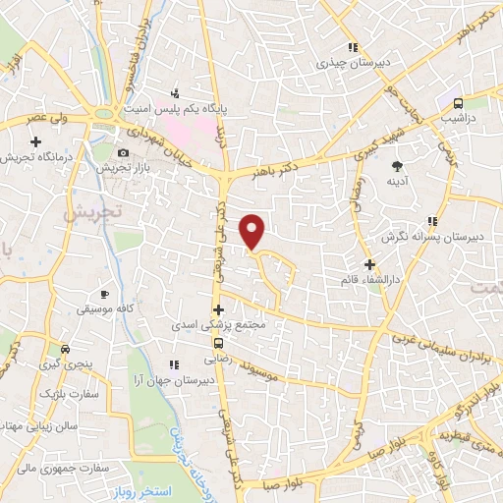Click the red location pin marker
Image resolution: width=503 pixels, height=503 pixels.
pyautogui.click(x=253, y=231)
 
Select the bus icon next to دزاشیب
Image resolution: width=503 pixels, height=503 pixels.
pyautogui.click(x=458, y=102)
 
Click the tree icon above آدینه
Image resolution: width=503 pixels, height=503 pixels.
pyautogui.click(x=397, y=165)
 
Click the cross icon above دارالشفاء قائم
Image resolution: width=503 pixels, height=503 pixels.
pyautogui.click(x=369, y=263)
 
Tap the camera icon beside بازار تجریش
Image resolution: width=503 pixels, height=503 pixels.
pyautogui.click(x=123, y=152)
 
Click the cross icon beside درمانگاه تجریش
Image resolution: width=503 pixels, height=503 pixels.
pyautogui.click(x=36, y=142)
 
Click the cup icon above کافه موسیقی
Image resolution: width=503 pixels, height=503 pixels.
pyautogui.click(x=105, y=294)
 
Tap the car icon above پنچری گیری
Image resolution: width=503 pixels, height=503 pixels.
pyautogui.click(x=65, y=349)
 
